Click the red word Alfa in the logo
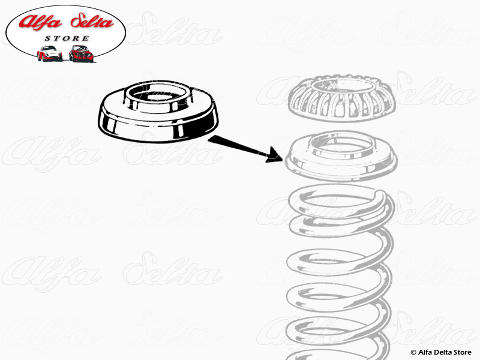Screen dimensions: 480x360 coord(40,22)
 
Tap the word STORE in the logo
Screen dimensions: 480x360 coord(67,38)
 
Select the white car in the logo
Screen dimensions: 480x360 coord(50,53)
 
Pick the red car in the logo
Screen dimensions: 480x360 coord(81,53)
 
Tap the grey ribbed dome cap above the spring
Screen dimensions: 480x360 coord(341,98)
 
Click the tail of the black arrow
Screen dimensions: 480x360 coord(209,139)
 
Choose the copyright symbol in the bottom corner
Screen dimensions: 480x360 coord(413,353)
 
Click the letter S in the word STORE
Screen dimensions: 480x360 coord(47,38)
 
